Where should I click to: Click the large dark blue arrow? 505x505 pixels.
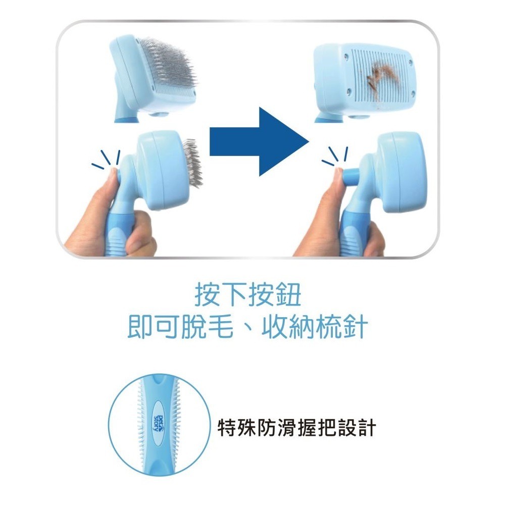[258, 142]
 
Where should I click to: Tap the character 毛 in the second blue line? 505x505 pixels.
[221, 327]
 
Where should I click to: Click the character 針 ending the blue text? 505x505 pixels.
[355, 327]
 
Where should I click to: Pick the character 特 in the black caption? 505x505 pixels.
[227, 428]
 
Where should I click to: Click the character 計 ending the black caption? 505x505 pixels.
[367, 428]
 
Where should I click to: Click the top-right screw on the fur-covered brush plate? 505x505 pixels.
[410, 62]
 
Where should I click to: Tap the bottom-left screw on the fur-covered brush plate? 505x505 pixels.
[349, 92]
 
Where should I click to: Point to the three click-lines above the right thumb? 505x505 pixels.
[335, 157]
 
